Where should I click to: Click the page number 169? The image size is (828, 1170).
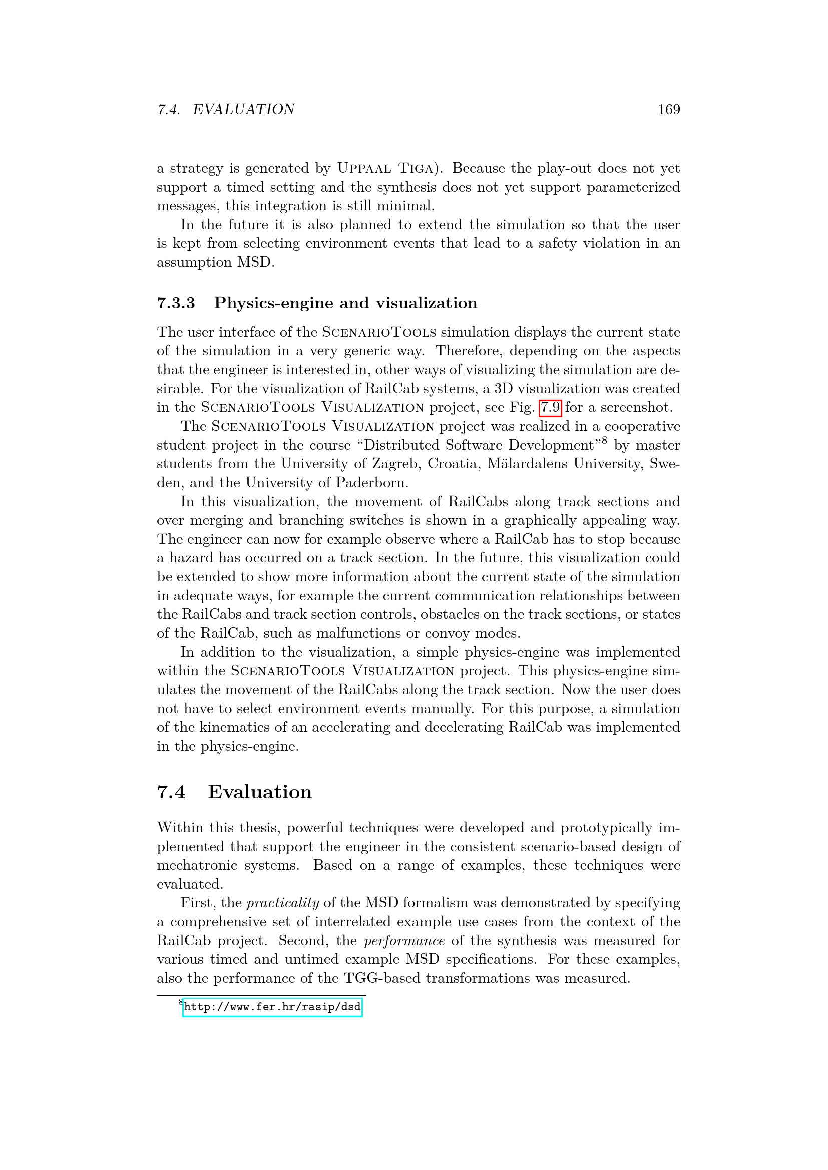pyautogui.click(x=669, y=109)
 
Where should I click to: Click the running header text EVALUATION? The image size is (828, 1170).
pyautogui.click(x=243, y=109)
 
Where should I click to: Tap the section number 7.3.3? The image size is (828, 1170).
pyautogui.click(x=176, y=303)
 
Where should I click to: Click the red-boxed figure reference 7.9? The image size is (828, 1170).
pyautogui.click(x=550, y=407)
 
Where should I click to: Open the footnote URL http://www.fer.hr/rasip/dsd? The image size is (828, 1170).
pyautogui.click(x=272, y=1007)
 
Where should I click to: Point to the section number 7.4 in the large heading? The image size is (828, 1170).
pyautogui.click(x=171, y=792)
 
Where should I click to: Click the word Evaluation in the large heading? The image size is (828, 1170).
pyautogui.click(x=259, y=792)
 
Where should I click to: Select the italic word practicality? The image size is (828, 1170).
pyautogui.click(x=282, y=903)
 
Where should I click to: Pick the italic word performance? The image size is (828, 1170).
pyautogui.click(x=404, y=941)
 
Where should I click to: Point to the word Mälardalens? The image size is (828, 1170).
pyautogui.click(x=526, y=464)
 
